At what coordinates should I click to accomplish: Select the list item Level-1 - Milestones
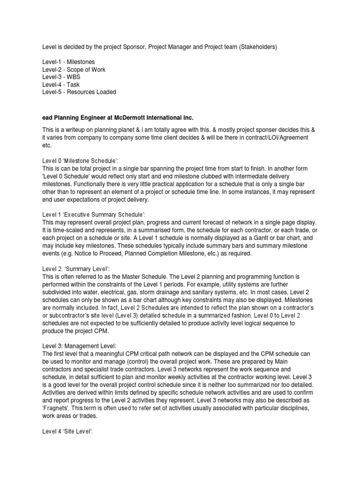[68, 62]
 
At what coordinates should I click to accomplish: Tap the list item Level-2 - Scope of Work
[74, 69]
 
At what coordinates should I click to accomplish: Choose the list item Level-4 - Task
[61, 84]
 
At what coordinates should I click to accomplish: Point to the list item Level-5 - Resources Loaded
[79, 92]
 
